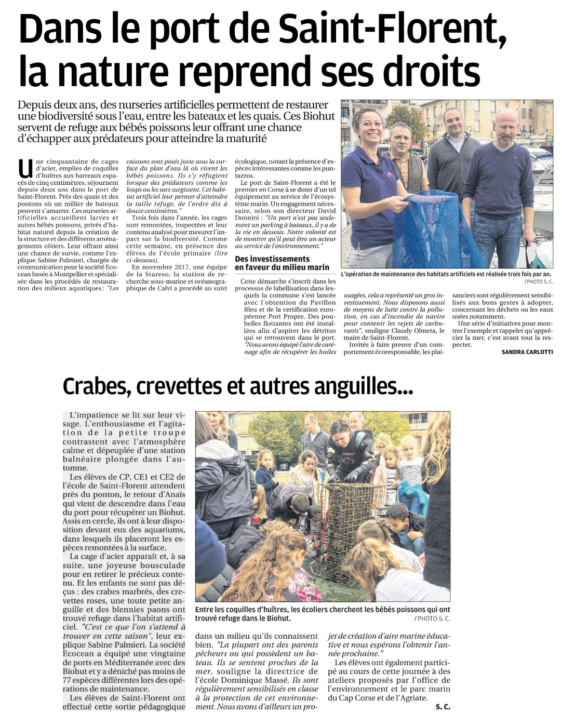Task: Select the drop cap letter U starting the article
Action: click(x=25, y=168)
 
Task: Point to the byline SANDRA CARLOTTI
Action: click(x=527, y=352)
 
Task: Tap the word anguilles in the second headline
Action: click(x=359, y=386)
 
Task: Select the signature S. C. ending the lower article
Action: click(x=443, y=707)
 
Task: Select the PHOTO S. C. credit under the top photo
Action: click(x=539, y=281)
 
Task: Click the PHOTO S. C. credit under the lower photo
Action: click(x=432, y=618)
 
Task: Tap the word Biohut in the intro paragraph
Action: click(x=319, y=116)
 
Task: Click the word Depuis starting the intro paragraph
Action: click(x=32, y=105)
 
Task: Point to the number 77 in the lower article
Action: click(x=68, y=680)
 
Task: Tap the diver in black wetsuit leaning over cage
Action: click(x=345, y=452)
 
